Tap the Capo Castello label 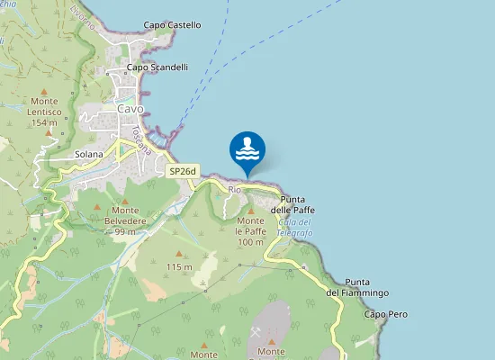tap(172, 25)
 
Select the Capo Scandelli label tap(157, 67)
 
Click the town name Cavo tap(130, 109)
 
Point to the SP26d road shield tap(183, 170)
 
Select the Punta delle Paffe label tap(298, 204)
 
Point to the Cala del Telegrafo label tap(295, 228)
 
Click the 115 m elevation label tap(179, 266)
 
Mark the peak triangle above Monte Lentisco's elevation tap(49, 132)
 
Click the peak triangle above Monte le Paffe tap(250, 210)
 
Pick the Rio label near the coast tap(235, 190)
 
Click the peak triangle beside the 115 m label tap(178, 254)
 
